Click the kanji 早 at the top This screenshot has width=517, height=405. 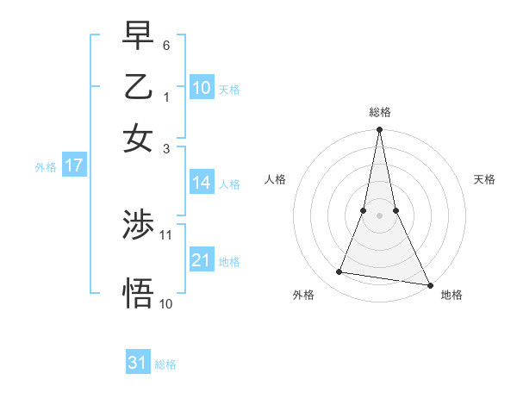point(139,38)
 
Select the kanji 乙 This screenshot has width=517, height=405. point(139,87)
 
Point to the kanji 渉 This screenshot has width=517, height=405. point(139,226)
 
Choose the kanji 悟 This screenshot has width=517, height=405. point(139,293)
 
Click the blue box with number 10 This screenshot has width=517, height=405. point(202,88)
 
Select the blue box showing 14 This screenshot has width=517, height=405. point(202,183)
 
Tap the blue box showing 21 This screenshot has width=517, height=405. point(202,260)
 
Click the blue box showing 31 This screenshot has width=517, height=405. point(138,363)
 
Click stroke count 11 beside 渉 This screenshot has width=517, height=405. point(166,234)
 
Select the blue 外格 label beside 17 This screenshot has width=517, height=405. point(46,167)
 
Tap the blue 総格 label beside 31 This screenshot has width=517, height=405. point(165,364)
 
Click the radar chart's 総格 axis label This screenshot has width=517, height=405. point(380,113)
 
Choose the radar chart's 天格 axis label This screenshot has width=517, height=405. point(485,179)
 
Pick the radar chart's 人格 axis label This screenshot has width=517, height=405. point(275,179)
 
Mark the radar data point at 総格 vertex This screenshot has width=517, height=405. point(380,130)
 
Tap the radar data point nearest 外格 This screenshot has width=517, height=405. point(339,272)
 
